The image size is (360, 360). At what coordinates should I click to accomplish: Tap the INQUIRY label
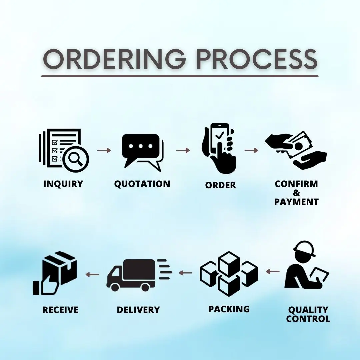coord(63,184)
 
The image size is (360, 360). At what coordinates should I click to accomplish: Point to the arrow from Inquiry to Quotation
coord(104,150)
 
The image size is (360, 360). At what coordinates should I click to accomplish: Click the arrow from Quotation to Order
coord(183,150)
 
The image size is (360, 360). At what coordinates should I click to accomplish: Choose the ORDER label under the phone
coord(220,185)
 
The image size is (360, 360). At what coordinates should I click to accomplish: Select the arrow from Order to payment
coord(251,150)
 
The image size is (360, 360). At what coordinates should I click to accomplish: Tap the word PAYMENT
coord(296,202)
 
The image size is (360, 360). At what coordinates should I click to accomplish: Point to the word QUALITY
coord(308,310)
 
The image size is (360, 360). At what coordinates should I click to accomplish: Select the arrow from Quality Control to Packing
coord(273,272)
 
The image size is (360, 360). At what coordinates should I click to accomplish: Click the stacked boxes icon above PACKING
coord(229,273)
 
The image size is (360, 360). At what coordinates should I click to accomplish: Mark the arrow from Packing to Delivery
coord(185,273)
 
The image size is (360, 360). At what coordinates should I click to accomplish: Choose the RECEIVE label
coord(60,310)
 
